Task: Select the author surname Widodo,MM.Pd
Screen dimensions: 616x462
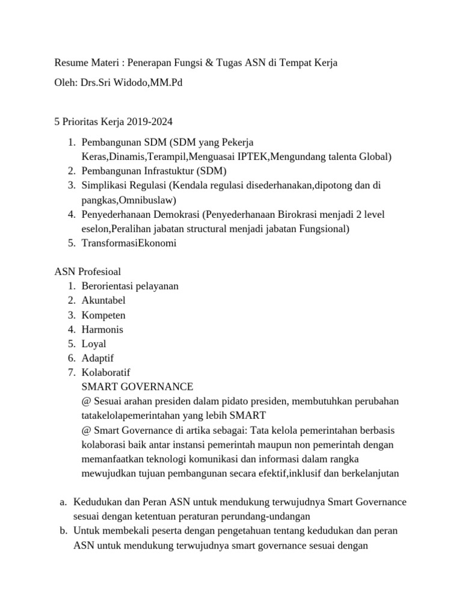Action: click(x=152, y=82)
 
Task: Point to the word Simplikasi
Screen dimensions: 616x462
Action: click(x=104, y=185)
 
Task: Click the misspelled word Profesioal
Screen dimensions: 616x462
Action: click(x=98, y=272)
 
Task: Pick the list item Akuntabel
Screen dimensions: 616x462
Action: click(x=103, y=300)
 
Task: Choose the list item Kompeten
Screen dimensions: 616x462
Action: click(x=103, y=315)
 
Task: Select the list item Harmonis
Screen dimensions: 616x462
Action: click(x=102, y=329)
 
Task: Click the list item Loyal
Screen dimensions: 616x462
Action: click(x=94, y=343)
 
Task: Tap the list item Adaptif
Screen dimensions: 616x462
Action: click(x=97, y=358)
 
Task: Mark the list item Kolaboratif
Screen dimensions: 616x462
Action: click(x=106, y=372)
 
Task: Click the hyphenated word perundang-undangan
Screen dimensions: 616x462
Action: click(x=268, y=516)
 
